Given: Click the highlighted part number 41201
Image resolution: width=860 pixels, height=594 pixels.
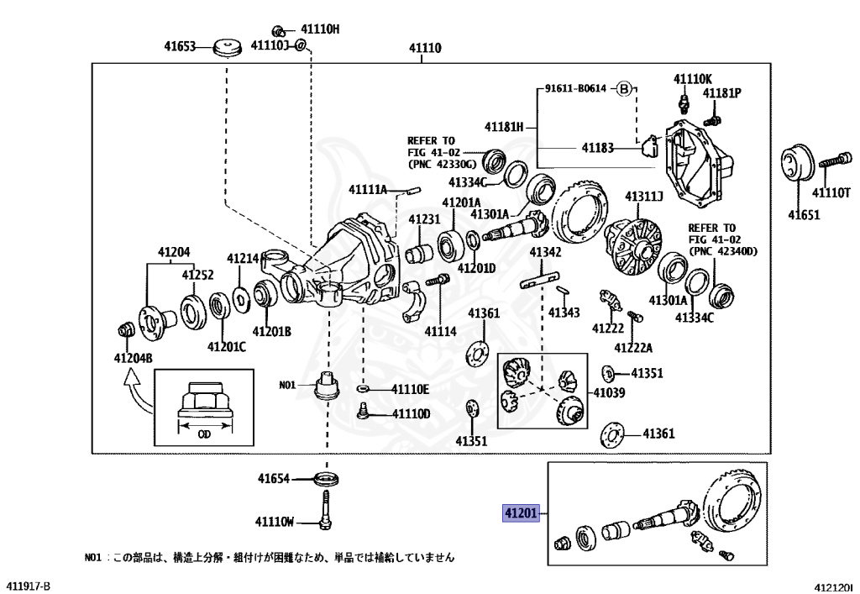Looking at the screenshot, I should point(520,513).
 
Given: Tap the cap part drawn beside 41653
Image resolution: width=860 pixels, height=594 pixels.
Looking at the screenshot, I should point(224,48).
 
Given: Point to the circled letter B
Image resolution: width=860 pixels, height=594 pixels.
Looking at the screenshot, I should point(624,88).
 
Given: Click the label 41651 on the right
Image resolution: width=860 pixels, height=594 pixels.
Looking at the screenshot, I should point(804,214).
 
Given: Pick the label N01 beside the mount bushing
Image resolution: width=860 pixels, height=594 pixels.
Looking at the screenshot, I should point(288,386).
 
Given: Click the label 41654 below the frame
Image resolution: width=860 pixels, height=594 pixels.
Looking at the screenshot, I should point(273,479).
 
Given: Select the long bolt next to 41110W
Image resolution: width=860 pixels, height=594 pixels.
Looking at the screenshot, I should point(324,513).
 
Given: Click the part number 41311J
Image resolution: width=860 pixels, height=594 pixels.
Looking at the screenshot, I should point(643,197).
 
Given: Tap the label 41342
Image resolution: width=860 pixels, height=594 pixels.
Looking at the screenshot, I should point(545,252).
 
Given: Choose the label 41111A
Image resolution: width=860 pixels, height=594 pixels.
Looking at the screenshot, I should point(369,190).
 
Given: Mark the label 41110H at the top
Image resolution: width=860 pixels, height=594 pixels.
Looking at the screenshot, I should point(319,29).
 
